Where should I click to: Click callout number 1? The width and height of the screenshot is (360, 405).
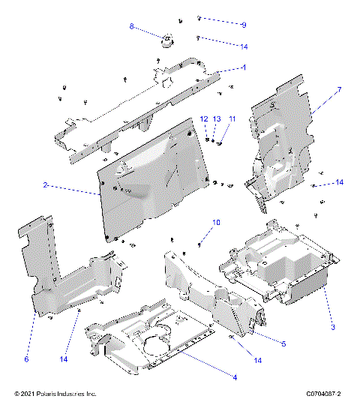pos(244,67)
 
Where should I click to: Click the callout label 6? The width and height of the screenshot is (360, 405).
pos(26,359)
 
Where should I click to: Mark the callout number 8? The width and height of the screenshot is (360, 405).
pos(133,26)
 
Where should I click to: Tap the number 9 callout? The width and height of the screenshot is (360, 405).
pos(244,25)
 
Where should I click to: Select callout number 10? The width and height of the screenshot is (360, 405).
pos(217,222)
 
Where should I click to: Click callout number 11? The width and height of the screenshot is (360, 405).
pos(232,119)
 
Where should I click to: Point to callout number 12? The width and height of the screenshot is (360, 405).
pos(203,119)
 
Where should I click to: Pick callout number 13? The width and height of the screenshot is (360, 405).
pos(217,119)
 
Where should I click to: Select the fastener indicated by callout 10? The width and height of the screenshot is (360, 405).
pos(200,244)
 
